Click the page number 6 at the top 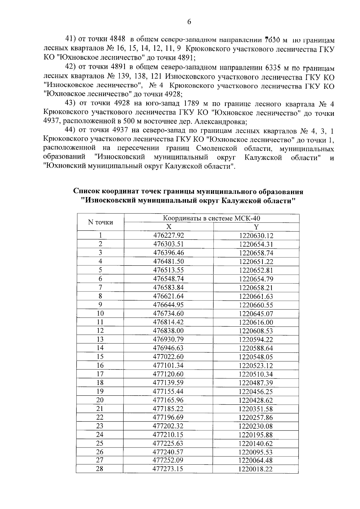point(189,22)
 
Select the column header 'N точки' point(100,222)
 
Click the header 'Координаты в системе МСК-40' point(211,218)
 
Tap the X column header point(169,227)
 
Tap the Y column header point(256,227)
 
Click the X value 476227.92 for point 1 point(168,235)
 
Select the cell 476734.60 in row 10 point(168,313)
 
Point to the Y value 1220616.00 point(256,322)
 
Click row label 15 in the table point(100,357)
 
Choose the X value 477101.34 point(168,365)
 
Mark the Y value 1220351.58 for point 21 point(256,409)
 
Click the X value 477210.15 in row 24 point(168,435)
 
